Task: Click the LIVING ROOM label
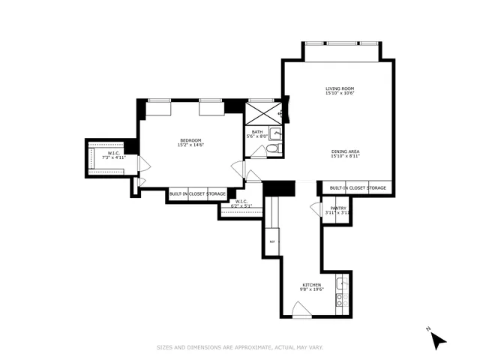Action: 339,88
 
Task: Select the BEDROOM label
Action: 190,139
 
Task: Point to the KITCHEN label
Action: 312,285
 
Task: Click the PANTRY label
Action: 338,208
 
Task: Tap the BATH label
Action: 256,131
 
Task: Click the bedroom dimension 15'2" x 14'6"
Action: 190,145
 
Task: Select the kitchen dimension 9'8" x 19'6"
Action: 312,289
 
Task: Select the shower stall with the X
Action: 262,114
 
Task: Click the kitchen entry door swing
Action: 300,310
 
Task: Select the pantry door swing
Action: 316,210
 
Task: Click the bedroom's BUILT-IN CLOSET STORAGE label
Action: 197,194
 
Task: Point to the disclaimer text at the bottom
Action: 239,347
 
